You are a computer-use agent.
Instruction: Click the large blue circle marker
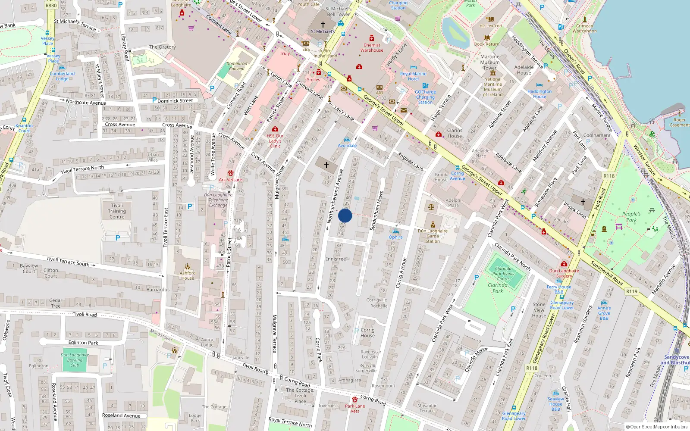345,215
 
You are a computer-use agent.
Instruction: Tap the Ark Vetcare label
230,180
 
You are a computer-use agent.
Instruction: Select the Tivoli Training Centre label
117,211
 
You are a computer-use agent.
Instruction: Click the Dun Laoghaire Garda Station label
433,236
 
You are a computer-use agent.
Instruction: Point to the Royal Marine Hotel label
413,76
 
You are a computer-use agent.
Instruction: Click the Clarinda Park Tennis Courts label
503,273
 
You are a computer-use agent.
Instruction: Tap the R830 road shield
51,6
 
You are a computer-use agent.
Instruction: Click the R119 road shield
632,291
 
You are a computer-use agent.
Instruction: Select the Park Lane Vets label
355,408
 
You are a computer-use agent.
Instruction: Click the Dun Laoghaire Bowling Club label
75,360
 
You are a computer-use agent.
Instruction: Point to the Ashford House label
188,275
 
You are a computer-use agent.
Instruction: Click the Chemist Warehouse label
372,47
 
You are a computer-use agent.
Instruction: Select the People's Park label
631,217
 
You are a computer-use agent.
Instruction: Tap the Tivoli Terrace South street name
68,261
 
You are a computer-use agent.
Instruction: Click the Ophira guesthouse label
395,237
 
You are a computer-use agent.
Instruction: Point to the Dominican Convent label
237,66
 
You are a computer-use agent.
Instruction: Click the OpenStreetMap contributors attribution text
657,427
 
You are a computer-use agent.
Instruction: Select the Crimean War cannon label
585,28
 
